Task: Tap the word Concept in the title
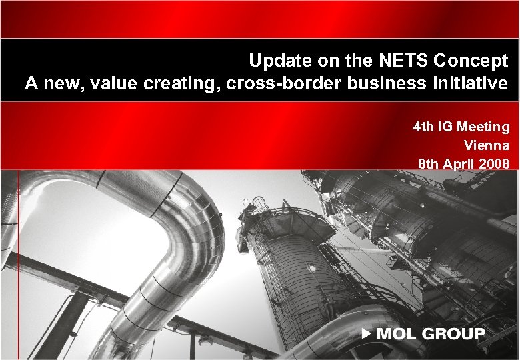[471, 61]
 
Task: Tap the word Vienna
[487, 145]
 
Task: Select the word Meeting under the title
[483, 126]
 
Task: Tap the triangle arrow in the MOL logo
[366, 333]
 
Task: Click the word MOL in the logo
[397, 333]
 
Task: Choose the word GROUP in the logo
[455, 333]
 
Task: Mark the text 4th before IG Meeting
[424, 126]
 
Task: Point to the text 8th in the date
[429, 163]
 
